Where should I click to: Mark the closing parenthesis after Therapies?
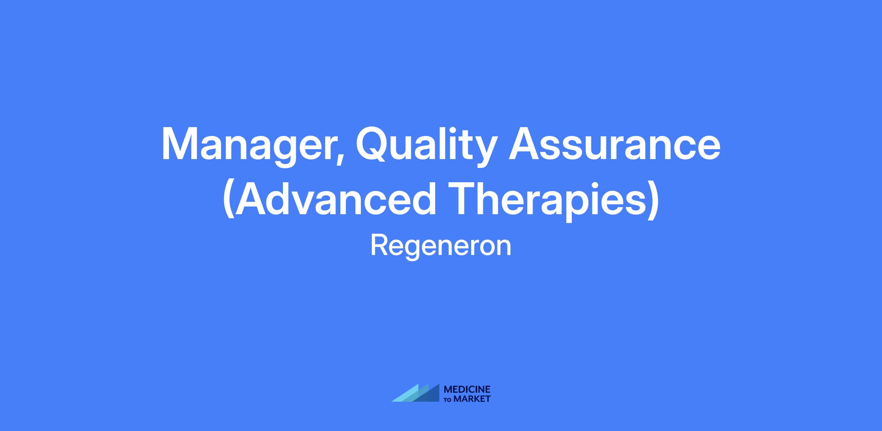tap(653, 199)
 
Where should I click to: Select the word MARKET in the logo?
tap(472, 399)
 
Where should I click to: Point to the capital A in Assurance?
tap(525, 144)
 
